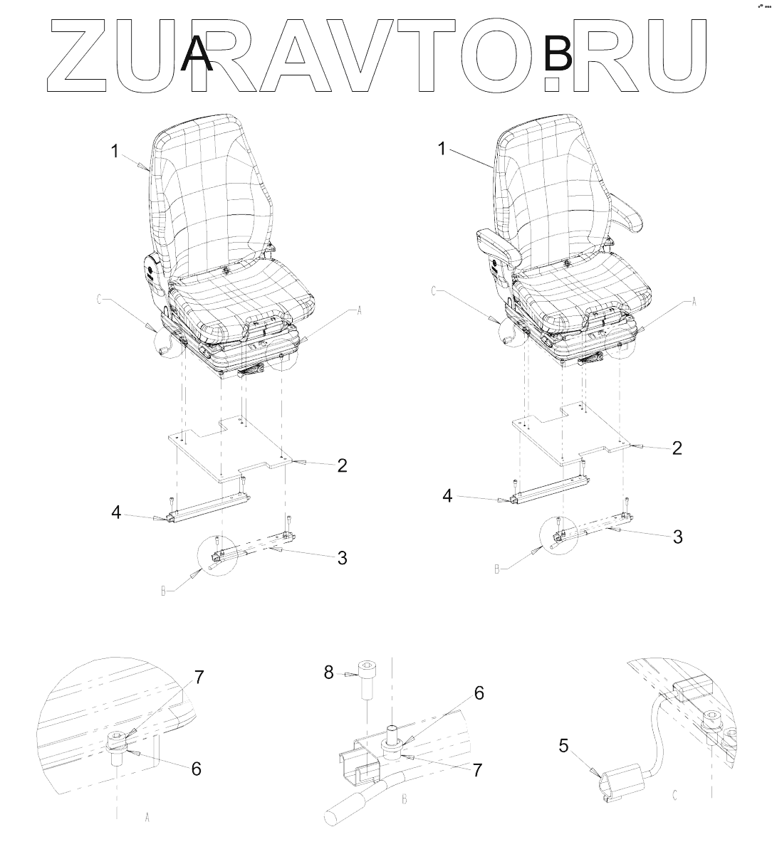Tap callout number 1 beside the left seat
pyautogui.click(x=115, y=152)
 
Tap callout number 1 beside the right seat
pyautogui.click(x=442, y=149)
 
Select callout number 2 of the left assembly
pyautogui.click(x=342, y=465)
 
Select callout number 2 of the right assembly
pyautogui.click(x=677, y=448)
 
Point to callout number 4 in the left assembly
pyautogui.click(x=117, y=512)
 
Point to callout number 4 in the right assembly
pyautogui.click(x=447, y=496)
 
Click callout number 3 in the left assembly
pyautogui.click(x=342, y=558)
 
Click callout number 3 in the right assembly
pyautogui.click(x=677, y=537)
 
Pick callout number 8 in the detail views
pyautogui.click(x=329, y=673)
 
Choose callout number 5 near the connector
pyautogui.click(x=564, y=747)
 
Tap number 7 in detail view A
pyautogui.click(x=199, y=678)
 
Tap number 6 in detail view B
pyautogui.click(x=479, y=693)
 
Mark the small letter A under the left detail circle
pyautogui.click(x=147, y=818)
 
